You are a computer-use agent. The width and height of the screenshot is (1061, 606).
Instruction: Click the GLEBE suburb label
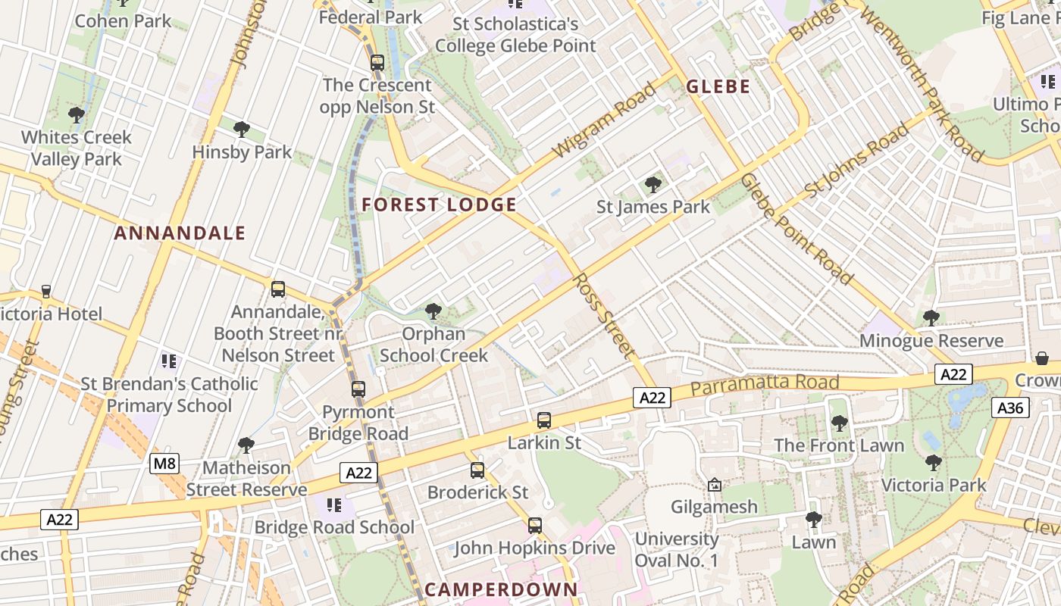718,86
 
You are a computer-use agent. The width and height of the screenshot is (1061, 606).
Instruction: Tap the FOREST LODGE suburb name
439,205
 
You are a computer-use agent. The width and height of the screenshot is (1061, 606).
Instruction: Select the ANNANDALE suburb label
180,233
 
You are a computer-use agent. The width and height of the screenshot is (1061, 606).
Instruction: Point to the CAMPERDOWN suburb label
501,589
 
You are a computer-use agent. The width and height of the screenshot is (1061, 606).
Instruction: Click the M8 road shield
164,464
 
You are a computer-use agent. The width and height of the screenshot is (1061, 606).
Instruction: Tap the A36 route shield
1010,408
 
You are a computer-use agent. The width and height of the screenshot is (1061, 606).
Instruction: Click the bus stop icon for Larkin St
543,420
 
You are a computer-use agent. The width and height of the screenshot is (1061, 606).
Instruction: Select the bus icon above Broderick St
477,470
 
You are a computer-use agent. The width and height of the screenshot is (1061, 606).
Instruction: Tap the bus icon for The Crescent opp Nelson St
377,63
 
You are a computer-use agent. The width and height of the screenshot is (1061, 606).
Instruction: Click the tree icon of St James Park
653,184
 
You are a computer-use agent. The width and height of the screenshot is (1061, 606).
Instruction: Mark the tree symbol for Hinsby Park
242,130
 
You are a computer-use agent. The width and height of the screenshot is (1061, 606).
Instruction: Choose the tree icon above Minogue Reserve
931,318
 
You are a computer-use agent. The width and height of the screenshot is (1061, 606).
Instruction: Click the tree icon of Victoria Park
934,462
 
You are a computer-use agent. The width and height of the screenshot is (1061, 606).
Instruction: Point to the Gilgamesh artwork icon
714,485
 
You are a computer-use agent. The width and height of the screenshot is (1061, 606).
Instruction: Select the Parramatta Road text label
765,385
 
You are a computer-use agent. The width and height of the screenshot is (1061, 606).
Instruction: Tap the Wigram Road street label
604,121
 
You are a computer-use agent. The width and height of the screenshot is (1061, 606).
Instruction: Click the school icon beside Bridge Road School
334,504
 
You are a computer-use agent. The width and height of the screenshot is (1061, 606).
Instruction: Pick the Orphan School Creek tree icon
433,311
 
